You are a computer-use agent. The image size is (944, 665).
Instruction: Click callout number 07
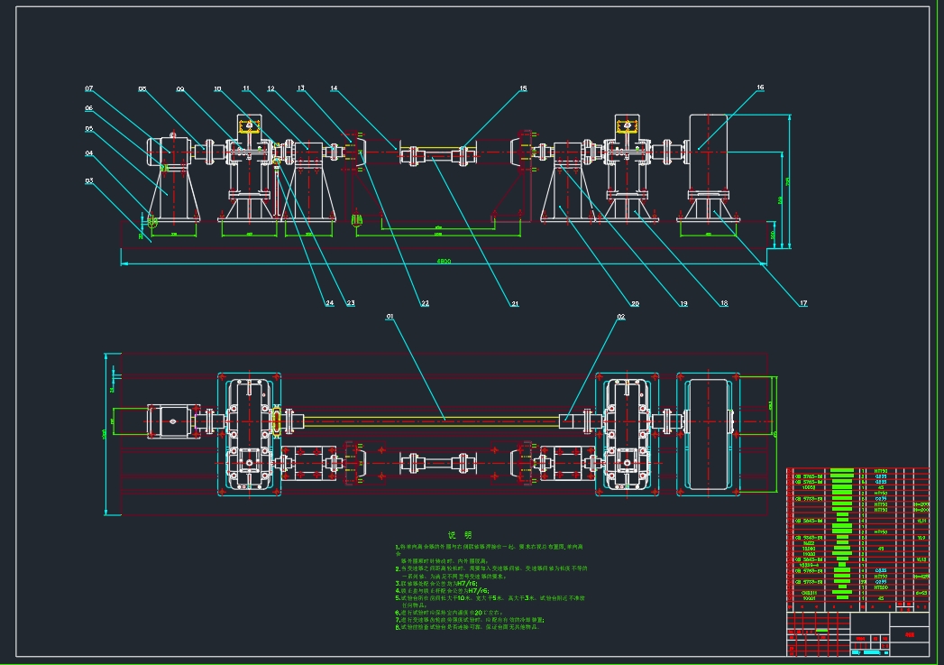click(89, 89)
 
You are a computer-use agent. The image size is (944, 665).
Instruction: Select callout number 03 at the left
click(89, 180)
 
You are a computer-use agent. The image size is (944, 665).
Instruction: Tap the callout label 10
click(218, 89)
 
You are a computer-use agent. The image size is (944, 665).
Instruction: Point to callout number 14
click(335, 89)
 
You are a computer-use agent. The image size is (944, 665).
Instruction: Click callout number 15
click(523, 89)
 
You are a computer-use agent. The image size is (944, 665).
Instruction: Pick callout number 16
click(760, 88)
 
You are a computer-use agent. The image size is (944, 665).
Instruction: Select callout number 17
click(802, 303)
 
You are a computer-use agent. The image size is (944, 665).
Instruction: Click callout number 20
click(635, 304)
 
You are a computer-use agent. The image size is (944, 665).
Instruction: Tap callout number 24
click(329, 303)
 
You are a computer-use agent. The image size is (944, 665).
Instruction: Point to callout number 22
click(424, 303)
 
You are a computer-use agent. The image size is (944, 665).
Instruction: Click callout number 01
click(390, 317)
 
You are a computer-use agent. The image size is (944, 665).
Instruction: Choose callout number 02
click(620, 317)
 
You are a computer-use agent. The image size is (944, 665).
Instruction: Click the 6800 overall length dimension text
click(444, 262)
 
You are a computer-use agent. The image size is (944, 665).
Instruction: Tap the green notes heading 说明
click(460, 535)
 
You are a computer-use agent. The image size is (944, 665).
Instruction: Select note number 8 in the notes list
click(397, 627)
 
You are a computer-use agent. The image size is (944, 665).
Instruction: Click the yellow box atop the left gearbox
click(250, 127)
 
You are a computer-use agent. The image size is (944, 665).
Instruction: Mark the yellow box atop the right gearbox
click(628, 127)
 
